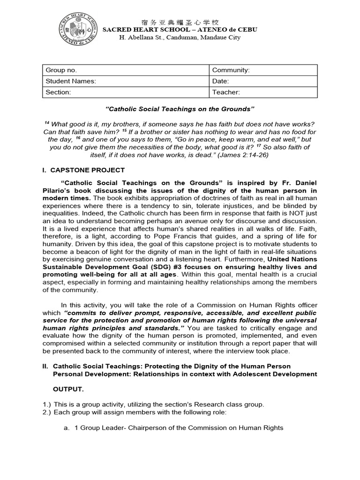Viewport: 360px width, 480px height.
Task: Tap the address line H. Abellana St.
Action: coord(180,37)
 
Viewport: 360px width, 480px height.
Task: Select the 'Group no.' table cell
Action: coord(126,70)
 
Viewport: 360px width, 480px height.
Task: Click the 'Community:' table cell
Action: coord(263,70)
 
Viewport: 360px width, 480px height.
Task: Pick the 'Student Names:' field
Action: coord(126,81)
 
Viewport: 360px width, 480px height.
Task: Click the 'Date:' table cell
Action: coord(263,81)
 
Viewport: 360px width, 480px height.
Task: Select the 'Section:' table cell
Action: coord(126,92)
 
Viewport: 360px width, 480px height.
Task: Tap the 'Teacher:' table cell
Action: coord(263,92)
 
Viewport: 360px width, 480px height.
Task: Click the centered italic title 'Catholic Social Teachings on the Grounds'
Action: coord(180,109)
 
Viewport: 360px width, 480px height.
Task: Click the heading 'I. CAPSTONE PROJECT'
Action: coord(84,170)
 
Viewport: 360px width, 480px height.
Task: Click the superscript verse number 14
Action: coord(47,123)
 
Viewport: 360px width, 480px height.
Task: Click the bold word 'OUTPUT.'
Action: coord(68,389)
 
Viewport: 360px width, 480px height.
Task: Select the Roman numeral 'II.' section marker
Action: coord(46,366)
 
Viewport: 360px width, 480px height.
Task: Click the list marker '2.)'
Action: coord(47,412)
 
